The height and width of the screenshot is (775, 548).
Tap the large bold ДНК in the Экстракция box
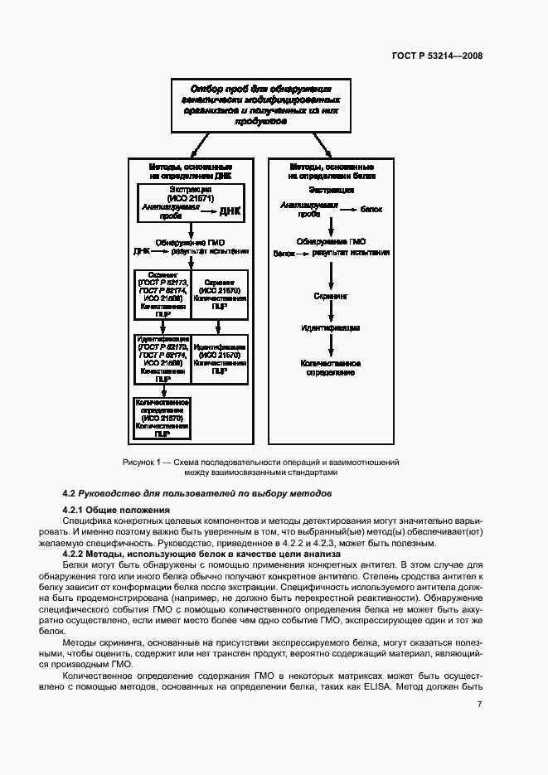click(x=230, y=211)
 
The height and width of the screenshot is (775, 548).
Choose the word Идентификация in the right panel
click(x=330, y=328)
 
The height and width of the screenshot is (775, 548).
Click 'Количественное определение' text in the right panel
click(x=330, y=367)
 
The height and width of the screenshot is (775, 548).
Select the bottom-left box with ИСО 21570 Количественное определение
click(x=162, y=417)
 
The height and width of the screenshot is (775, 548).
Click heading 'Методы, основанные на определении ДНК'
click(x=191, y=171)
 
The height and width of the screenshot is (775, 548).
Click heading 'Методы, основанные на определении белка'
click(x=332, y=171)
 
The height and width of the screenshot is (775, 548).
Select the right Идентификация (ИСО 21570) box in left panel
click(x=220, y=359)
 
